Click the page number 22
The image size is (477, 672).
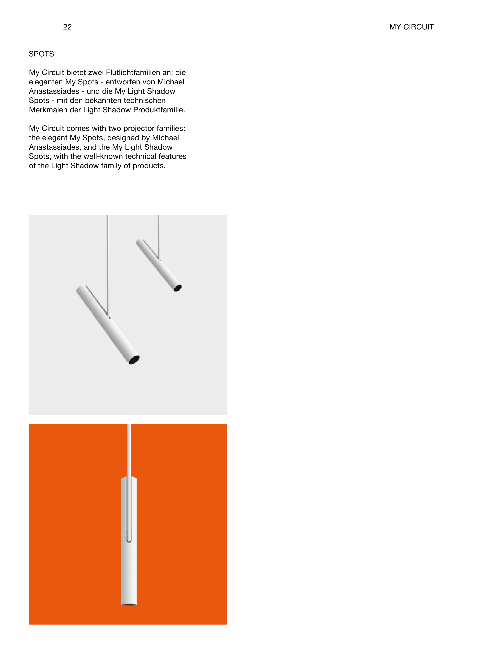click(67, 27)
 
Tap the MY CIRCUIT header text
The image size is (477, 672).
click(411, 27)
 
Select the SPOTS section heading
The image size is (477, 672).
click(41, 54)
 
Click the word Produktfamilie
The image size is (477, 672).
click(159, 110)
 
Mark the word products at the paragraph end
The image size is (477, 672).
click(149, 166)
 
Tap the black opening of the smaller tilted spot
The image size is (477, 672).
click(178, 288)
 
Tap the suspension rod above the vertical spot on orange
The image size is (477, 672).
click(129, 450)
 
